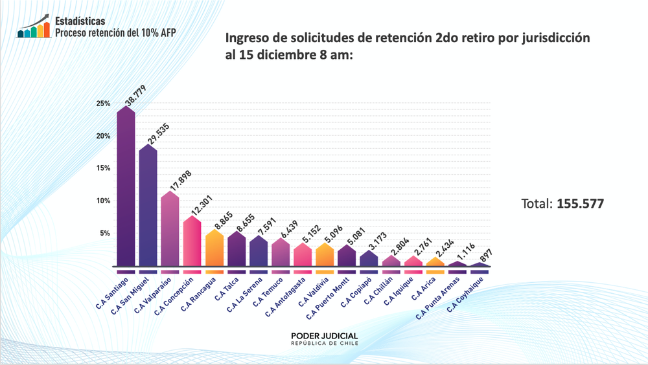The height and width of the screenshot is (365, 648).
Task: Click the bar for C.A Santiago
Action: [x=126, y=188]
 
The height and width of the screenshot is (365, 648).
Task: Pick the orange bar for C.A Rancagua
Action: [x=214, y=249]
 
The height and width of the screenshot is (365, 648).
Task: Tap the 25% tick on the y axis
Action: [x=103, y=104]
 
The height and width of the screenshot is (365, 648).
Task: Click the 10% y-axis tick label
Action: [x=103, y=201]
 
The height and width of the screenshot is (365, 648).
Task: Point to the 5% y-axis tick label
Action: [x=105, y=233]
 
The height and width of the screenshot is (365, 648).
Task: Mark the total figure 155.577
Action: [x=580, y=204]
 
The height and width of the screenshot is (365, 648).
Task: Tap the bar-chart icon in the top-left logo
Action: [x=34, y=27]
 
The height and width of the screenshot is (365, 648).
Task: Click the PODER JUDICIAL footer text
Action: [x=324, y=335]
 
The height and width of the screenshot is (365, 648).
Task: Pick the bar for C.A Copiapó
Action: [x=368, y=259]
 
